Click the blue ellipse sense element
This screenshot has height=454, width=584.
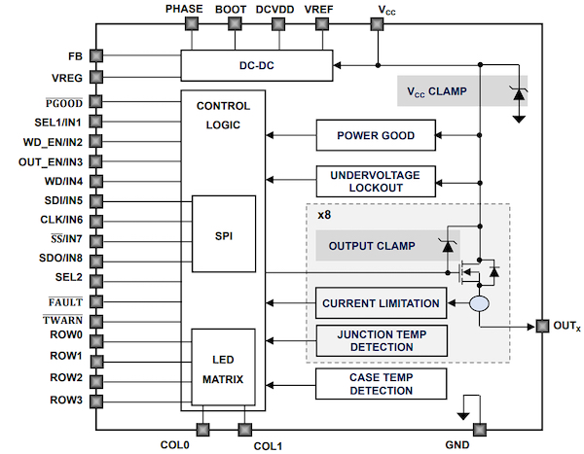click(x=478, y=304)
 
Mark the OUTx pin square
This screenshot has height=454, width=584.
click(x=541, y=326)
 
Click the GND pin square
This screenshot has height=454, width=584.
click(x=479, y=429)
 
